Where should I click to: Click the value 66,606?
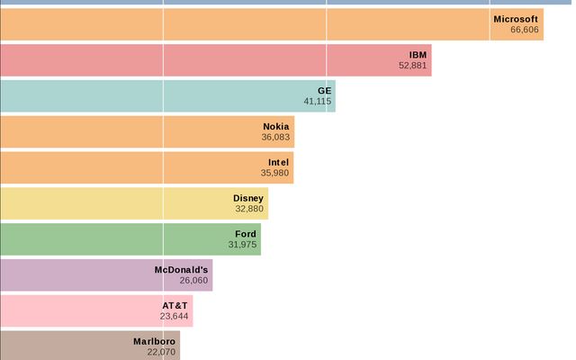point(524,30)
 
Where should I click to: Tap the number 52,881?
point(412,66)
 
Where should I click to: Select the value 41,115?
point(317,102)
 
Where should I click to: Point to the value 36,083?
point(275,138)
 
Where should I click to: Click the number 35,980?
point(274,174)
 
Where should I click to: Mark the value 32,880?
point(249,209)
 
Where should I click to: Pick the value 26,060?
point(193,281)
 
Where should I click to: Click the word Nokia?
point(275,127)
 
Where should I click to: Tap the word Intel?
point(278,163)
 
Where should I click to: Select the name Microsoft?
point(516,19)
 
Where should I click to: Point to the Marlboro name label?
point(154,342)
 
